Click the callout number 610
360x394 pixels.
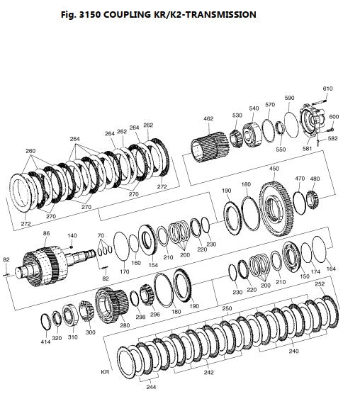tap(327, 89)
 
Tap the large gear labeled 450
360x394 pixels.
tap(276, 208)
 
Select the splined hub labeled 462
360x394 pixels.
tap(209, 147)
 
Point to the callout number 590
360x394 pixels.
tap(289, 98)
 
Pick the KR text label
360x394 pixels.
tap(105, 372)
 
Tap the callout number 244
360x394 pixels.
tap(151, 387)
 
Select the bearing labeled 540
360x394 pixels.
tap(252, 135)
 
